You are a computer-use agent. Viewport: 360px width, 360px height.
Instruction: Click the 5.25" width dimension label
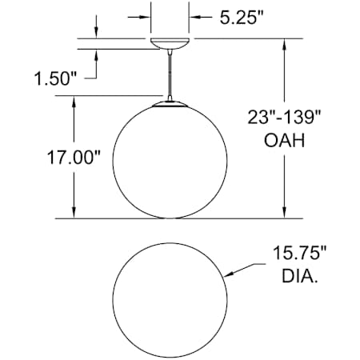(x=242, y=18)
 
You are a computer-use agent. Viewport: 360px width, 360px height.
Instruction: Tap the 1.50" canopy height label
(x=55, y=79)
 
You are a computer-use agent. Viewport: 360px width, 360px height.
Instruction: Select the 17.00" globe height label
(x=74, y=157)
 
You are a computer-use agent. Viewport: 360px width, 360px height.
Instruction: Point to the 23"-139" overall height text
(x=284, y=117)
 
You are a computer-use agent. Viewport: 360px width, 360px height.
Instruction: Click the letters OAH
(x=284, y=140)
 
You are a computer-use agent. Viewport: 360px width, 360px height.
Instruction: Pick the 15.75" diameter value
(x=300, y=253)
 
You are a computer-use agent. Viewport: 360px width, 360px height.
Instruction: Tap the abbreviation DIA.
(x=300, y=276)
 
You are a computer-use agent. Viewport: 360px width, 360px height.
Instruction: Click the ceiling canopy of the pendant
(x=170, y=44)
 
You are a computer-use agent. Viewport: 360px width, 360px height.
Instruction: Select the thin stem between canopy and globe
(x=170, y=74)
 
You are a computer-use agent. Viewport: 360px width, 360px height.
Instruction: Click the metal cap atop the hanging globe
(x=170, y=105)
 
